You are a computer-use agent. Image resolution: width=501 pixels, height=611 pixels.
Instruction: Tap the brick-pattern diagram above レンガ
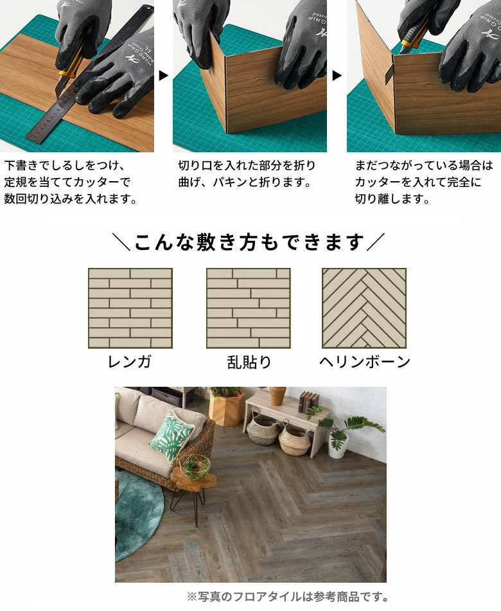coord(130,308)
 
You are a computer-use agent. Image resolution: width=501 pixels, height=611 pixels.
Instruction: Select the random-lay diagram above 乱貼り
coord(248,308)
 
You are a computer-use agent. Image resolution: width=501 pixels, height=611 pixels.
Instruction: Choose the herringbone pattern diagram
coord(364,308)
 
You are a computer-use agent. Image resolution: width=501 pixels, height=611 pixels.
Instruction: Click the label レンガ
coord(130,362)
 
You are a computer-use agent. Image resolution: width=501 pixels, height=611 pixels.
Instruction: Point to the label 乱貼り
coord(249,362)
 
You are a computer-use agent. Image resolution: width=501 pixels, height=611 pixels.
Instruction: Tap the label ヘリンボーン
coord(364,362)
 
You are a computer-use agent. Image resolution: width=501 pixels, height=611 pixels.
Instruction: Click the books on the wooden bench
coord(308,402)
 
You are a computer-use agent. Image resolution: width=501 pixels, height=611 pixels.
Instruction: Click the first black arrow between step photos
coord(163,76)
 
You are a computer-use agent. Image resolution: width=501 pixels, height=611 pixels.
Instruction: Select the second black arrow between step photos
coord(337,76)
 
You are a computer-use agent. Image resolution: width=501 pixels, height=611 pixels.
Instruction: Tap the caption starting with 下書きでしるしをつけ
coord(71,182)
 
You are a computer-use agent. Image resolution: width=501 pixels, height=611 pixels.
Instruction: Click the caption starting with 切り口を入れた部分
coord(247,174)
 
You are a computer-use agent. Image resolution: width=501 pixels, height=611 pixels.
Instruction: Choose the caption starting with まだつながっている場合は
coord(424,182)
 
